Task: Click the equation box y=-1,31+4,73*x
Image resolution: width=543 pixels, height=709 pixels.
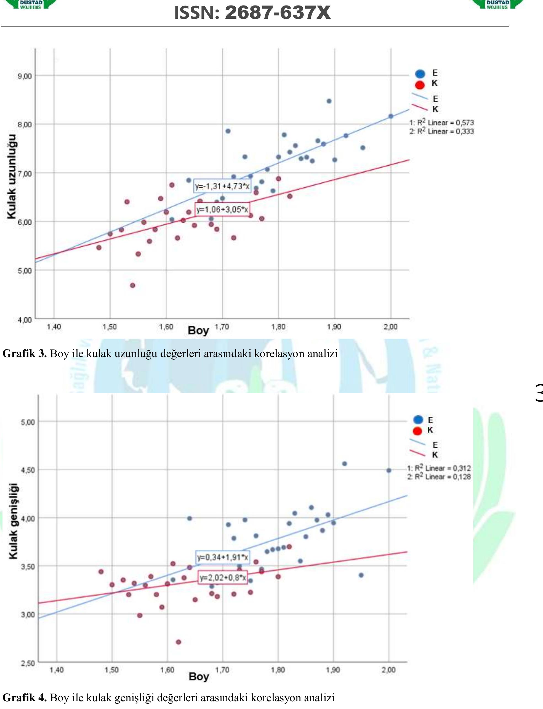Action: (222, 186)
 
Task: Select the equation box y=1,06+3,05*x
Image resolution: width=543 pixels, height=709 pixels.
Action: (222, 209)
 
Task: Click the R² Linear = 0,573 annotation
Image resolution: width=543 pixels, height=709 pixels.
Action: (441, 123)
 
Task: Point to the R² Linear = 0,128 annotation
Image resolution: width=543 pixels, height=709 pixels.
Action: (439, 477)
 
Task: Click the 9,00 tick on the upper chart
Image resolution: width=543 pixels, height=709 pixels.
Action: (25, 76)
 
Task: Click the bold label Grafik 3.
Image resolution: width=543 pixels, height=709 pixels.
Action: (25, 353)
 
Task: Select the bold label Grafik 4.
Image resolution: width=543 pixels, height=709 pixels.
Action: (25, 697)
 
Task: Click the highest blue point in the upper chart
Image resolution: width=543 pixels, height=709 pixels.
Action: (329, 101)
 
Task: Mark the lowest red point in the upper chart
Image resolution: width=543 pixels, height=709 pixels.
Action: (132, 285)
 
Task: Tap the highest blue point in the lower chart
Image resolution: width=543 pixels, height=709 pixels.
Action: (345, 464)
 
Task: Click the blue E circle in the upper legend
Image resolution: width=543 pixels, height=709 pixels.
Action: (420, 74)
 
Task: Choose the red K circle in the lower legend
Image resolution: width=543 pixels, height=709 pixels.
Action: (417, 431)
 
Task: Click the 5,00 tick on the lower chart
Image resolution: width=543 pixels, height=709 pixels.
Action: (28, 422)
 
